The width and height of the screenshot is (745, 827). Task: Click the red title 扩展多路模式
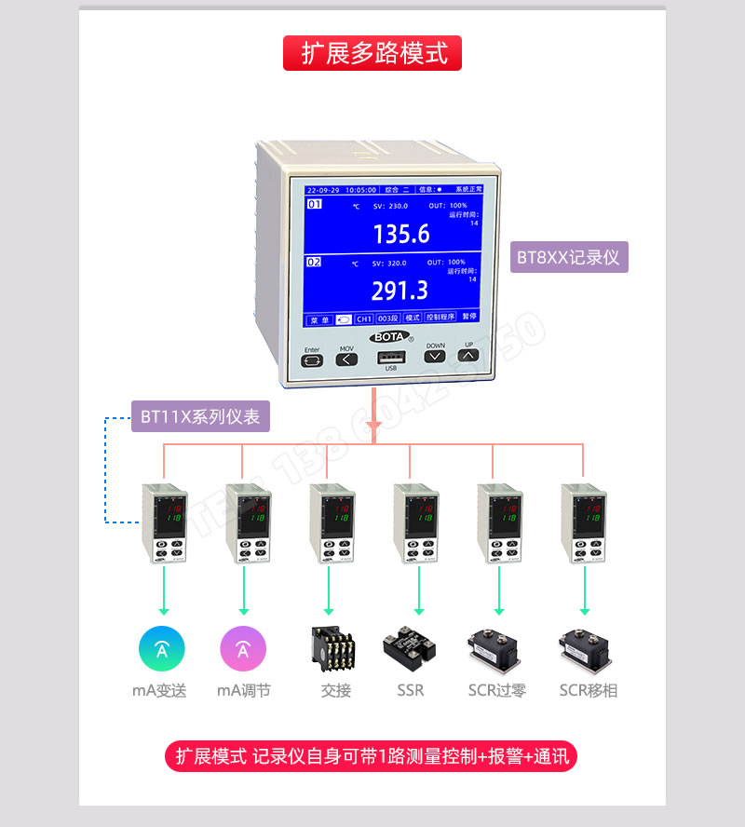click(372, 53)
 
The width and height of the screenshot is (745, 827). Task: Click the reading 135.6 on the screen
click(401, 235)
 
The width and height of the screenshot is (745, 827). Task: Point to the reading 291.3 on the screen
click(400, 291)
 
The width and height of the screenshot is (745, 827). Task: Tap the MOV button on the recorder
click(345, 359)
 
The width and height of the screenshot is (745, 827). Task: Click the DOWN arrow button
click(435, 357)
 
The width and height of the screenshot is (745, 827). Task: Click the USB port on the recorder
click(390, 357)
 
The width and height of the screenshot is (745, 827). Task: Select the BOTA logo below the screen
click(389, 336)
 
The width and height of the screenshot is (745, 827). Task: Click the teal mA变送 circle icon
click(162, 649)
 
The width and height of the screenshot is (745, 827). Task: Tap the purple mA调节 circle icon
click(243, 649)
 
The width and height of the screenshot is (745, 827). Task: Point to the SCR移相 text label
click(588, 690)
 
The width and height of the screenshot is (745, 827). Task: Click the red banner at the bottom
click(372, 755)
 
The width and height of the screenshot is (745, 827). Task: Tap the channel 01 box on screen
click(316, 204)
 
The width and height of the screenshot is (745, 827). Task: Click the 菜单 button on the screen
click(318, 318)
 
